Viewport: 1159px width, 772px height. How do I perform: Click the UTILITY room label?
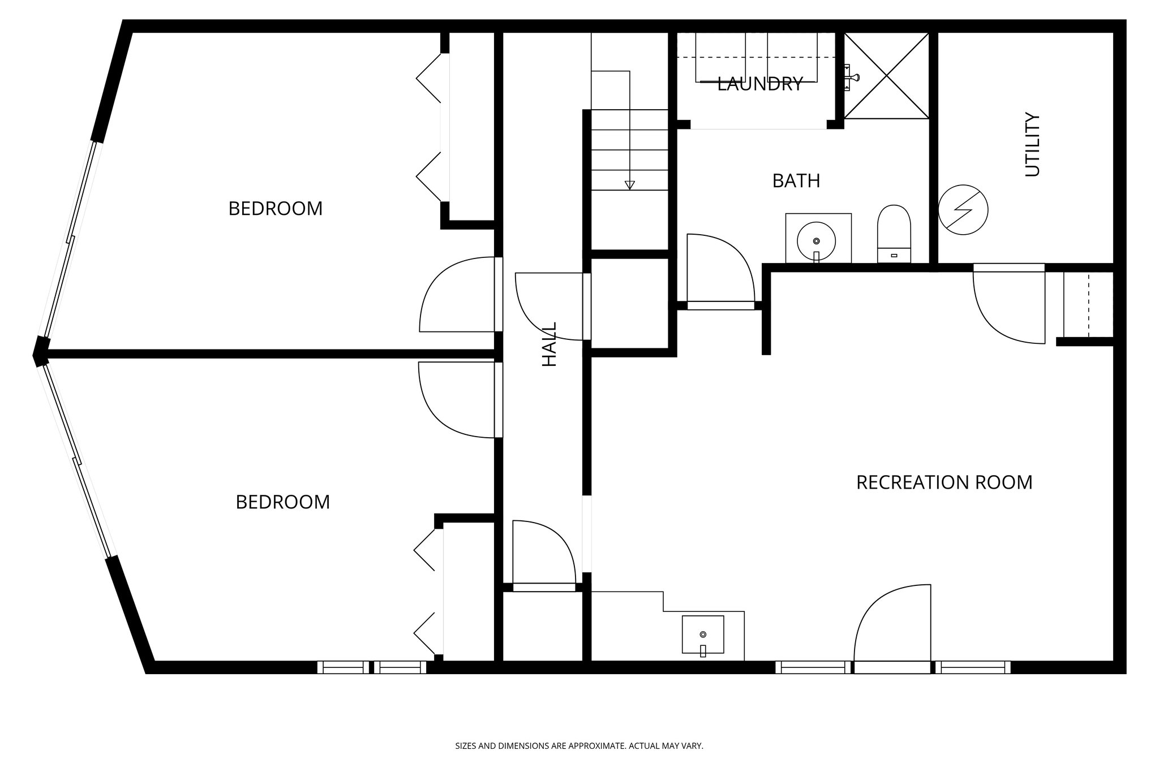[1032, 145]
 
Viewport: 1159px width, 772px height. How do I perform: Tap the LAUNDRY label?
[759, 84]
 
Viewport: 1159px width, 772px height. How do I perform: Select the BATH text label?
[796, 181]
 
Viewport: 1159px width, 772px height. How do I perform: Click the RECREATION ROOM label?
[944, 482]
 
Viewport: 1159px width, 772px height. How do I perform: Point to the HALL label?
[550, 344]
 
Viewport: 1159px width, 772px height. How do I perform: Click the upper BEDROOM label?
[275, 209]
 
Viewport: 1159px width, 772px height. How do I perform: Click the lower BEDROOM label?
[282, 502]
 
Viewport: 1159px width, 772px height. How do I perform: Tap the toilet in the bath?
[894, 233]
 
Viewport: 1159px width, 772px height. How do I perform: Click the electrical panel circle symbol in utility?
[963, 210]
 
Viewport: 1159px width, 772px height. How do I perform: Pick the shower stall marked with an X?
[886, 75]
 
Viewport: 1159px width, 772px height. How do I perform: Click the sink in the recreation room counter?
[703, 635]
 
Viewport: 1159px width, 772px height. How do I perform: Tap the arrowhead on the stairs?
[629, 185]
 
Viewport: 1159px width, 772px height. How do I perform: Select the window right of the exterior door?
[972, 667]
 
